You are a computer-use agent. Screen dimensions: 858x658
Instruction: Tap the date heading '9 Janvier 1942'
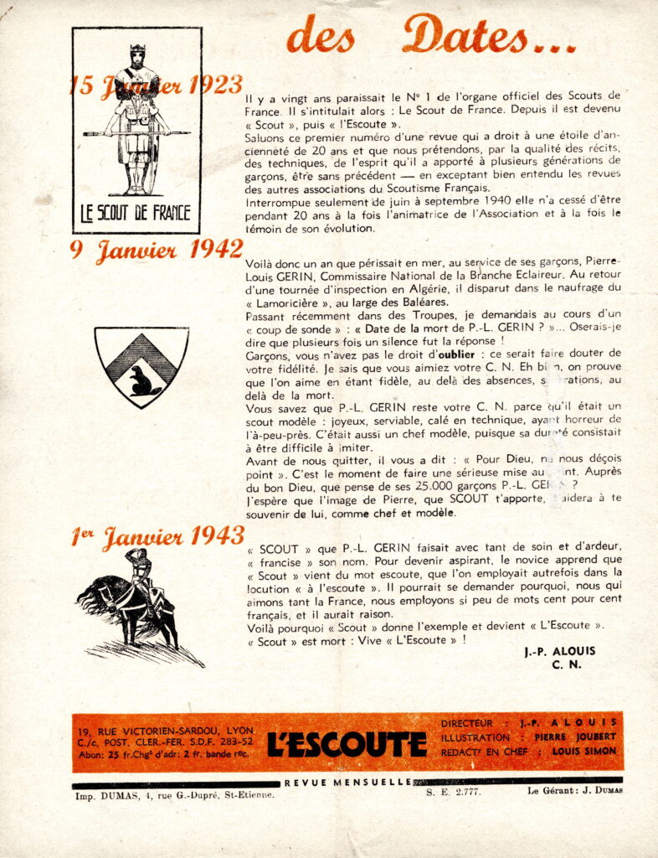click(x=157, y=251)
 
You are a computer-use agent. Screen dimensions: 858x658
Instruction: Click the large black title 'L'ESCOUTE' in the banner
click(x=347, y=742)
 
